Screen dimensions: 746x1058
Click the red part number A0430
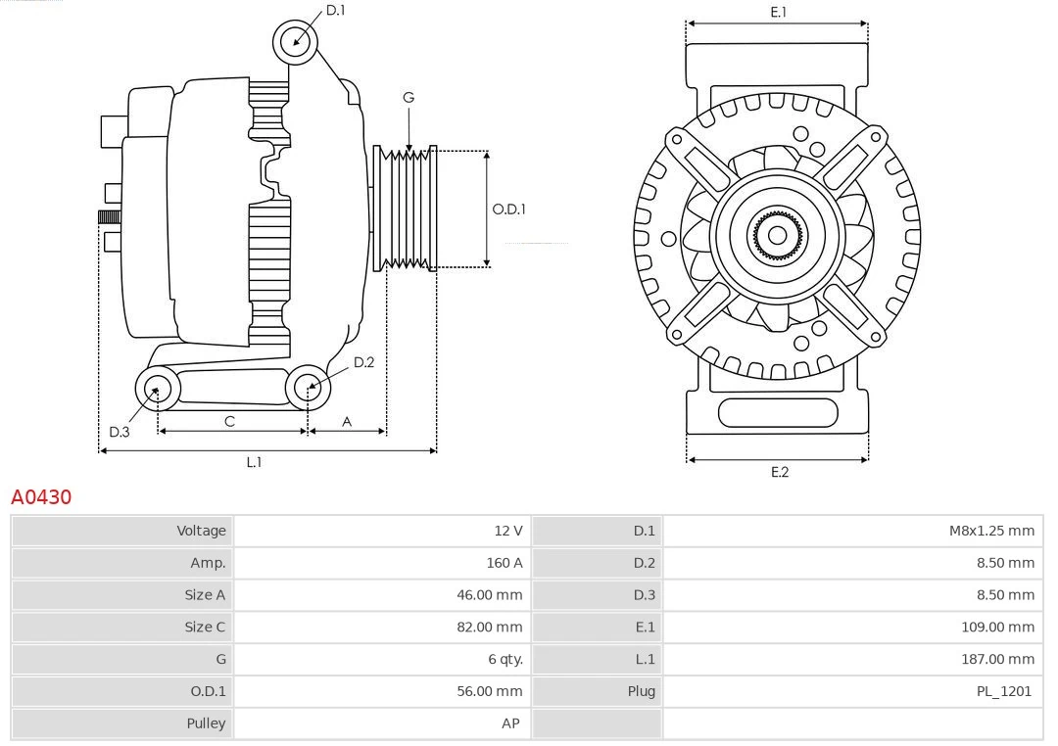[41, 497]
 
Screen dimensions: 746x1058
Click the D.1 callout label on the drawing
[335, 11]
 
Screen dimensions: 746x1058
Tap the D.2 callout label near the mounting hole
[363, 362]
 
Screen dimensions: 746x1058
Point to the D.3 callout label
[119, 432]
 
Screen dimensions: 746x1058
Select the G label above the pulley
[409, 97]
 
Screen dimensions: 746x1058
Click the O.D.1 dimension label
[508, 209]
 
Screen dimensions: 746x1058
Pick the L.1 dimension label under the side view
[254, 462]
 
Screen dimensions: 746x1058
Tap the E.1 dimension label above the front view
[779, 12]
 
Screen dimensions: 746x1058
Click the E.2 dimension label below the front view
[779, 472]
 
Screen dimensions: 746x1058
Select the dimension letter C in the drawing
[229, 421]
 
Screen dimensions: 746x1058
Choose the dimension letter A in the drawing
[347, 421]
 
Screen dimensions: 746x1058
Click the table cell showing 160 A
[504, 563]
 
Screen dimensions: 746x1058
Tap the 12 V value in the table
[507, 531]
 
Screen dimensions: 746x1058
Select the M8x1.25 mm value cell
[991, 531]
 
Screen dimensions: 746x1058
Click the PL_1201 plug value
[1004, 691]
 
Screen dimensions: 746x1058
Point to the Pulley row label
[206, 723]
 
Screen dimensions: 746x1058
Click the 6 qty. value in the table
[505, 659]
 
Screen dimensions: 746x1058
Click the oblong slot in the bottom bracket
[778, 412]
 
